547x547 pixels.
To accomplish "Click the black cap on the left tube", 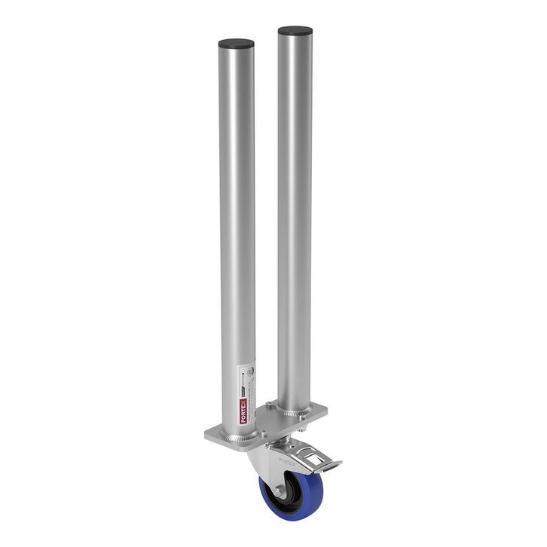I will (x=236, y=44).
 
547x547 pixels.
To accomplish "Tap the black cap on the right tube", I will (x=295, y=32).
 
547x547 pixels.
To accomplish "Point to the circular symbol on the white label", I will (x=253, y=372).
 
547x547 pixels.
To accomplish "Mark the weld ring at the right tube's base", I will (x=295, y=411).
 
